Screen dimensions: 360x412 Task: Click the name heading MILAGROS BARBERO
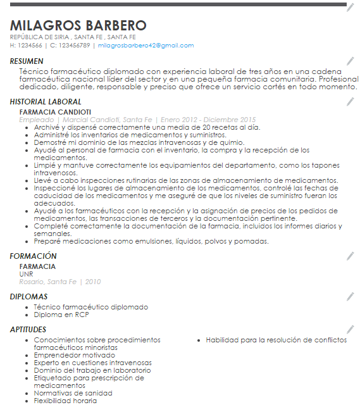pyautogui.click(x=78, y=26)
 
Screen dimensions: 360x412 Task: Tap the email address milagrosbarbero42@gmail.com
pyautogui.click(x=146, y=46)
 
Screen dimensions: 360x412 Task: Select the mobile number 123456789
pyautogui.click(x=74, y=46)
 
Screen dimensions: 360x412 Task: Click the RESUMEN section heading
pyautogui.click(x=27, y=61)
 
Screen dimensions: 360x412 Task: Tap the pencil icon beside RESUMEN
pyautogui.click(x=351, y=61)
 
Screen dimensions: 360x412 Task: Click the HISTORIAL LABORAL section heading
pyautogui.click(x=46, y=102)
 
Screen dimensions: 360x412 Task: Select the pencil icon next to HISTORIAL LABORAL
pyautogui.click(x=351, y=101)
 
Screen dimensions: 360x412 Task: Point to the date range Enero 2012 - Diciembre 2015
pyautogui.click(x=208, y=120)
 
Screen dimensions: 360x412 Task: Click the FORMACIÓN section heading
pyautogui.click(x=34, y=256)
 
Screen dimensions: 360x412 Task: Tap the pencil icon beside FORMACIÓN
pyautogui.click(x=351, y=256)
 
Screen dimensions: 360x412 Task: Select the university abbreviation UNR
pyautogui.click(x=27, y=274)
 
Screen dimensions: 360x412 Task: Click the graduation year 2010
pyautogui.click(x=93, y=282)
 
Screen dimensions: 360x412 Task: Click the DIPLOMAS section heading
pyautogui.click(x=29, y=297)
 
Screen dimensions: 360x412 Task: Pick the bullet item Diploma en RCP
pyautogui.click(x=61, y=315)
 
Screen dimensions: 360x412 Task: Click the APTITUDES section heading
pyautogui.click(x=28, y=330)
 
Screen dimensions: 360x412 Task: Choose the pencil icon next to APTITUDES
pyautogui.click(x=351, y=329)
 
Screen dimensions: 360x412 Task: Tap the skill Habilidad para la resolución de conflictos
pyautogui.click(x=276, y=340)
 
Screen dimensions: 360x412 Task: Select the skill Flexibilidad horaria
pyautogui.click(x=65, y=401)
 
